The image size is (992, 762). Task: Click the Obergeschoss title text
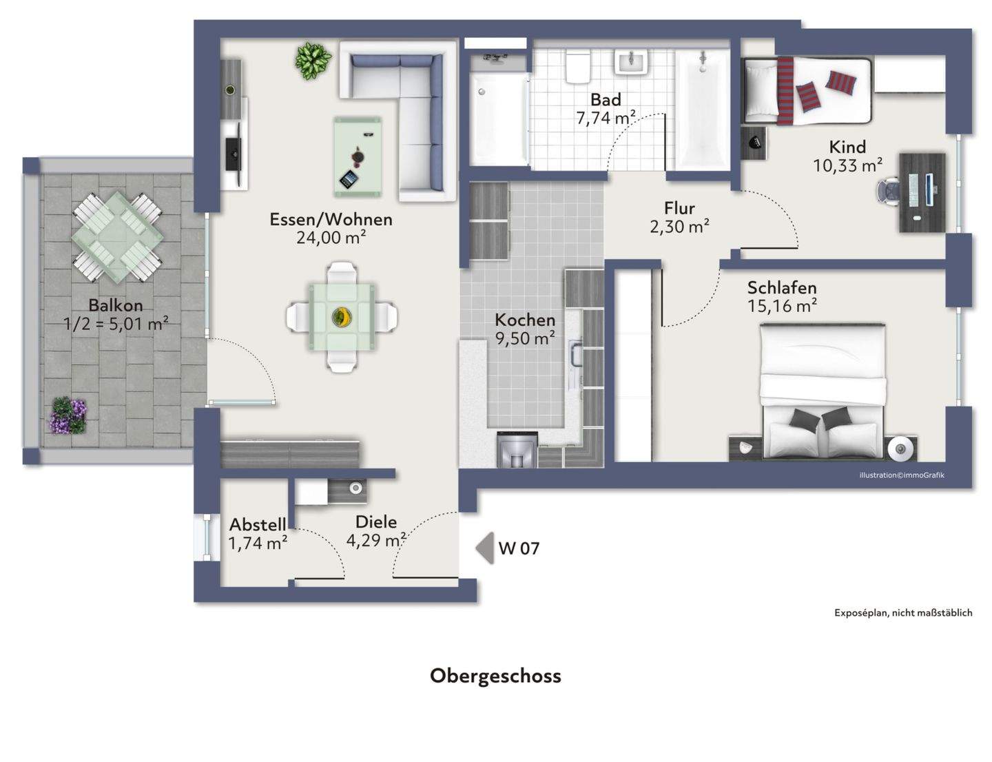tap(495, 676)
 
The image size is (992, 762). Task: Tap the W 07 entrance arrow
tap(485, 548)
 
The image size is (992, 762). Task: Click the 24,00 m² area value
tap(331, 238)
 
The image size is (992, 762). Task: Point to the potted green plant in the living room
tap(313, 61)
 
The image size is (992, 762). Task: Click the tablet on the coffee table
tap(349, 178)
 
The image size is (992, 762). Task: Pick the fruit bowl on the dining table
tap(341, 317)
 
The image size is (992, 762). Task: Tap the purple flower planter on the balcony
tap(68, 415)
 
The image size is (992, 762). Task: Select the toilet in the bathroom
tap(577, 67)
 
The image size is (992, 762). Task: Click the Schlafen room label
tap(782, 288)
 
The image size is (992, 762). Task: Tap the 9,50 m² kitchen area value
tap(525, 338)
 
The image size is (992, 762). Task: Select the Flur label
tap(679, 208)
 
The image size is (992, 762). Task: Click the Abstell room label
tap(258, 524)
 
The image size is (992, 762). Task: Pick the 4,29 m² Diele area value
tap(376, 541)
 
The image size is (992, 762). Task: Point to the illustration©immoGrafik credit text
tap(902, 475)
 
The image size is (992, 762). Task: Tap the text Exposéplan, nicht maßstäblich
tap(903, 612)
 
